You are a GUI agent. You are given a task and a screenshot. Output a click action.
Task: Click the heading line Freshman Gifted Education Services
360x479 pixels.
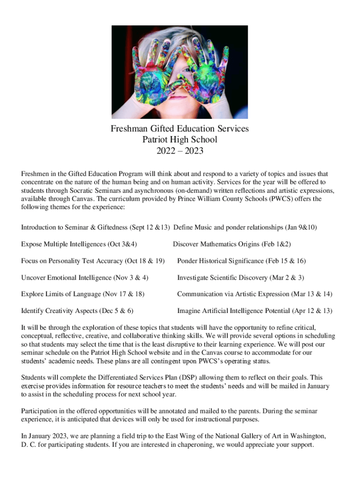pyautogui.click(x=180, y=128)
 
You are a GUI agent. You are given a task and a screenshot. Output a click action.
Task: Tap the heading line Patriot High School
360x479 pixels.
pyautogui.click(x=180, y=139)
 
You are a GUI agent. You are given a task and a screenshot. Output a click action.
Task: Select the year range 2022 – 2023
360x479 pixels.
pyautogui.click(x=180, y=151)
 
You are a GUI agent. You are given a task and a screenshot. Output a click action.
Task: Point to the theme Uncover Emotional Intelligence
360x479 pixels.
pyautogui.click(x=85, y=277)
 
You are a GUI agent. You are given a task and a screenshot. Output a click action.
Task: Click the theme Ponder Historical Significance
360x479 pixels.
pyautogui.click(x=241, y=261)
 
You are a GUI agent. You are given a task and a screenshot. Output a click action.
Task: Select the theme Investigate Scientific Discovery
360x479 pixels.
pyautogui.click(x=240, y=277)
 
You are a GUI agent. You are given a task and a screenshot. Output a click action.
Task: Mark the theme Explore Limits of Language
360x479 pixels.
pyautogui.click(x=83, y=294)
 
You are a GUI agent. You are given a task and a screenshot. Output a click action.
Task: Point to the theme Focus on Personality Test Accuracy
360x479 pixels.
pyautogui.click(x=93, y=261)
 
